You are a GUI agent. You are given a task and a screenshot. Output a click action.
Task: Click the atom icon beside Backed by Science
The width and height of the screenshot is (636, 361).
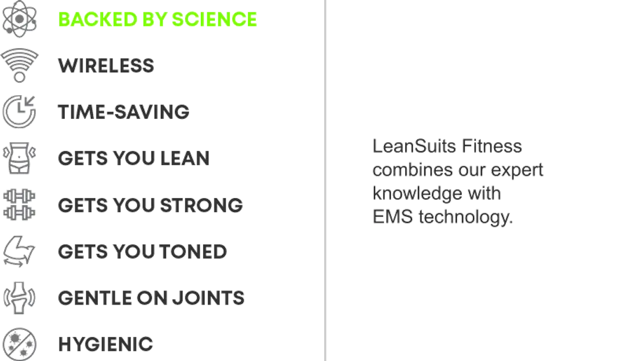tap(19, 19)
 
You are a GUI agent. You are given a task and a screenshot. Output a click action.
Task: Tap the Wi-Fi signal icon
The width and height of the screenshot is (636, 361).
tap(19, 65)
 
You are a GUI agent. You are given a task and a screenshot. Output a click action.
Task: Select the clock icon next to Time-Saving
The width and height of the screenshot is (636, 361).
tap(19, 112)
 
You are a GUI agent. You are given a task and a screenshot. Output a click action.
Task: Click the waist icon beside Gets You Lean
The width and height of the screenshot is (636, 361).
tap(19, 158)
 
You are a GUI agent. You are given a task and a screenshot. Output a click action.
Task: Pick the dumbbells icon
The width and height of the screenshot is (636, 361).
tap(19, 205)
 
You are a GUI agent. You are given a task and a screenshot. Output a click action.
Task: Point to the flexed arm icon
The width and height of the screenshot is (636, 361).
tap(19, 251)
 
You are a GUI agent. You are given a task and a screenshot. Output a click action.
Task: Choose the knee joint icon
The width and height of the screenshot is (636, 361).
tap(19, 298)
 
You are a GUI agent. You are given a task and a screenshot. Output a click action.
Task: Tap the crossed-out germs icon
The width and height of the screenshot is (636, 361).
tap(19, 345)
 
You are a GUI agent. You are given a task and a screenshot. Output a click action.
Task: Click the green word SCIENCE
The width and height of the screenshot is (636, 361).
tap(214, 19)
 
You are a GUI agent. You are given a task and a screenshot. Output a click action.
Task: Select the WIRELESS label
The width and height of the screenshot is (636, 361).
tap(106, 66)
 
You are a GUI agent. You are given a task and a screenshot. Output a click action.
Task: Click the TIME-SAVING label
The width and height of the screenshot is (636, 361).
tap(124, 112)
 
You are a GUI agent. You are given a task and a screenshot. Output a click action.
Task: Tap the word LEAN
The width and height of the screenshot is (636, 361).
tap(185, 158)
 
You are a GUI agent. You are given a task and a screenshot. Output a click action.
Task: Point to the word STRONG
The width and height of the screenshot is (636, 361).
tap(201, 205)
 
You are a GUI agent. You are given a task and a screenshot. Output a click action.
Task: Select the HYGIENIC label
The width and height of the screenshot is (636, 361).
tap(106, 345)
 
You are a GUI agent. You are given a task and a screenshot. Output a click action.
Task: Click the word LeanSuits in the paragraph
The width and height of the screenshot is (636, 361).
tap(415, 146)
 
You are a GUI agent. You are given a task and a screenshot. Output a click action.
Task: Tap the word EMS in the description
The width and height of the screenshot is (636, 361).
tap(393, 217)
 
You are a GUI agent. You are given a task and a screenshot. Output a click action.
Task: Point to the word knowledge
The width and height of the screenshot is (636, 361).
tap(418, 193)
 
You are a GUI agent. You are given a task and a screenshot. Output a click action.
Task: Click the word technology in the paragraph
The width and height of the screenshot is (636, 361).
tap(466, 217)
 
